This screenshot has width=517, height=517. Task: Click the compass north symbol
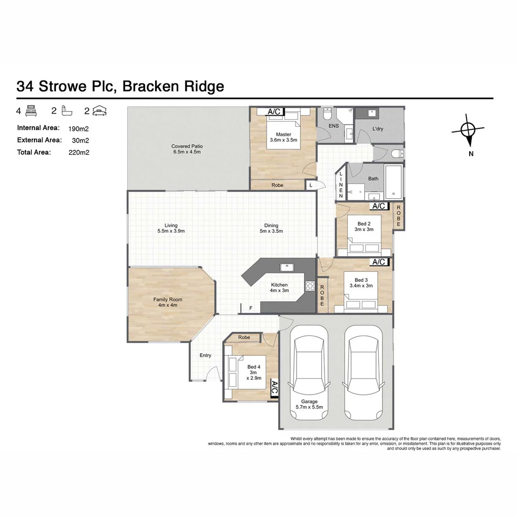468,130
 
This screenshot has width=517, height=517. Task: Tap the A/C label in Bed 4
274,388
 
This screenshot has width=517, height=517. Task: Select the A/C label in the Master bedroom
274,112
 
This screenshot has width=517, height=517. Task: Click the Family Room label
168,302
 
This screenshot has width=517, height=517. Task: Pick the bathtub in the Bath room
393,182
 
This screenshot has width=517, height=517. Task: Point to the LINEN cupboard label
341,185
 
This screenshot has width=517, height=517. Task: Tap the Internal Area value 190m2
79,128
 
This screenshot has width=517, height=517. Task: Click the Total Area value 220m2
79,153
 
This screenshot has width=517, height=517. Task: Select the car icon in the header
100,112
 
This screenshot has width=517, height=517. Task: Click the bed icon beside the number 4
31,112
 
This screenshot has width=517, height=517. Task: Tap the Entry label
205,355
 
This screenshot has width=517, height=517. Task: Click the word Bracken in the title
151,86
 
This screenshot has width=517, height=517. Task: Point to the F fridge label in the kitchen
251,308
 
